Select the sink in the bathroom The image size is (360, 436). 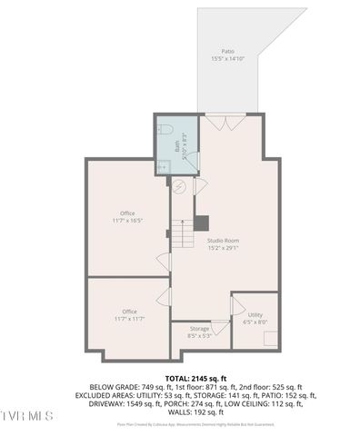164,165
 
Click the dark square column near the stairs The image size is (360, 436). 202,222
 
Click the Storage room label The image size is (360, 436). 199,328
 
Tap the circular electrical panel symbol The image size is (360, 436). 180,187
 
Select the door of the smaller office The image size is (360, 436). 164,297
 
